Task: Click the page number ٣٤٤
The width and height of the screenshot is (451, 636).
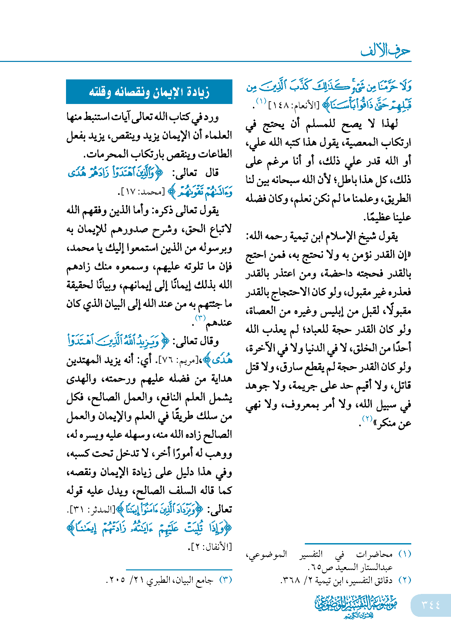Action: (431, 605)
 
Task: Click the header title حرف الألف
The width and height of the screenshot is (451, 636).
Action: (385, 51)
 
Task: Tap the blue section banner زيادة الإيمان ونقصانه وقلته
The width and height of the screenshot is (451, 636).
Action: (149, 92)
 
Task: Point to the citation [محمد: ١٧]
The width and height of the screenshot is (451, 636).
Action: (141, 192)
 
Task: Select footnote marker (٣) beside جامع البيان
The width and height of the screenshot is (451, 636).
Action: (226, 580)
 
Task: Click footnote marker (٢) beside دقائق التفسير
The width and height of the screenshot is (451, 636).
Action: (405, 580)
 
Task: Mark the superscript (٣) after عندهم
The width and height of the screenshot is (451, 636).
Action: (200, 318)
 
